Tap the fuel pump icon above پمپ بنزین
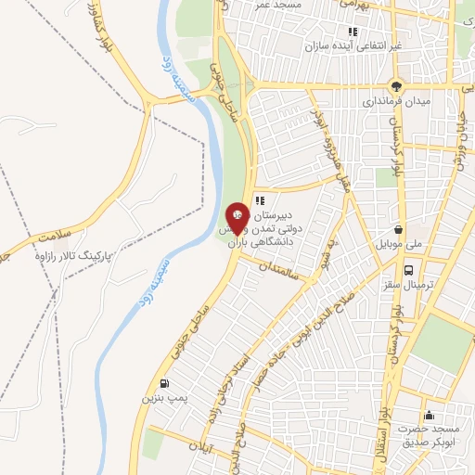[x=165, y=383]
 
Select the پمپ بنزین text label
[x=159, y=397]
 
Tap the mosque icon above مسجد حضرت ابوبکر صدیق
[x=428, y=416]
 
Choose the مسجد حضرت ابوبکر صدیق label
[x=429, y=437]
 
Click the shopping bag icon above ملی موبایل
[x=399, y=229]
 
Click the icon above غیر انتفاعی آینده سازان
[x=353, y=32]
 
